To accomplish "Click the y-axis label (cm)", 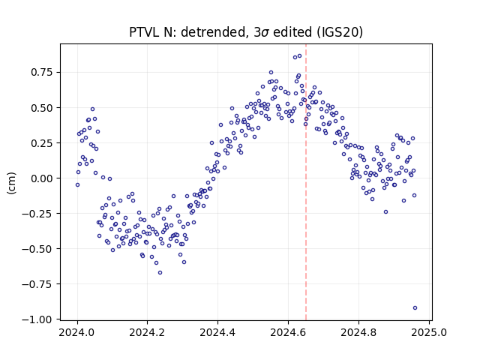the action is tap(11, 183).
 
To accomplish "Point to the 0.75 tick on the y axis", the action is tap(42, 72).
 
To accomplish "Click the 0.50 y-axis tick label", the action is tap(42, 108).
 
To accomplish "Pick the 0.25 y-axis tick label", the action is tap(42, 143).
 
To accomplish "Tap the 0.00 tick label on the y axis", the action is tap(42, 178).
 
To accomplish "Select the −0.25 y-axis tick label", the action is tap(37, 214).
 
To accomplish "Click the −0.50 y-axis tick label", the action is tap(37, 249).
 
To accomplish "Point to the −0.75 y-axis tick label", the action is tap(37, 284).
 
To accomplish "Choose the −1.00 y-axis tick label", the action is tap(37, 319).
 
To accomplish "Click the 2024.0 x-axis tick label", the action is tap(76, 332).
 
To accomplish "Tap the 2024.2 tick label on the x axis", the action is tap(147, 332).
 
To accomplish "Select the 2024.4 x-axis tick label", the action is tap(217, 332).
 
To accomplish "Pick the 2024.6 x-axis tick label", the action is tap(288, 332).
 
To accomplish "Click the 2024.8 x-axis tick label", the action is tap(358, 332).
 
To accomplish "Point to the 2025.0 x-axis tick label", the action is tap(429, 332).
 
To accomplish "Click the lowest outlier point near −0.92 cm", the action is tap(415, 308).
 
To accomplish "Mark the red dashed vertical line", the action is tap(306, 182).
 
